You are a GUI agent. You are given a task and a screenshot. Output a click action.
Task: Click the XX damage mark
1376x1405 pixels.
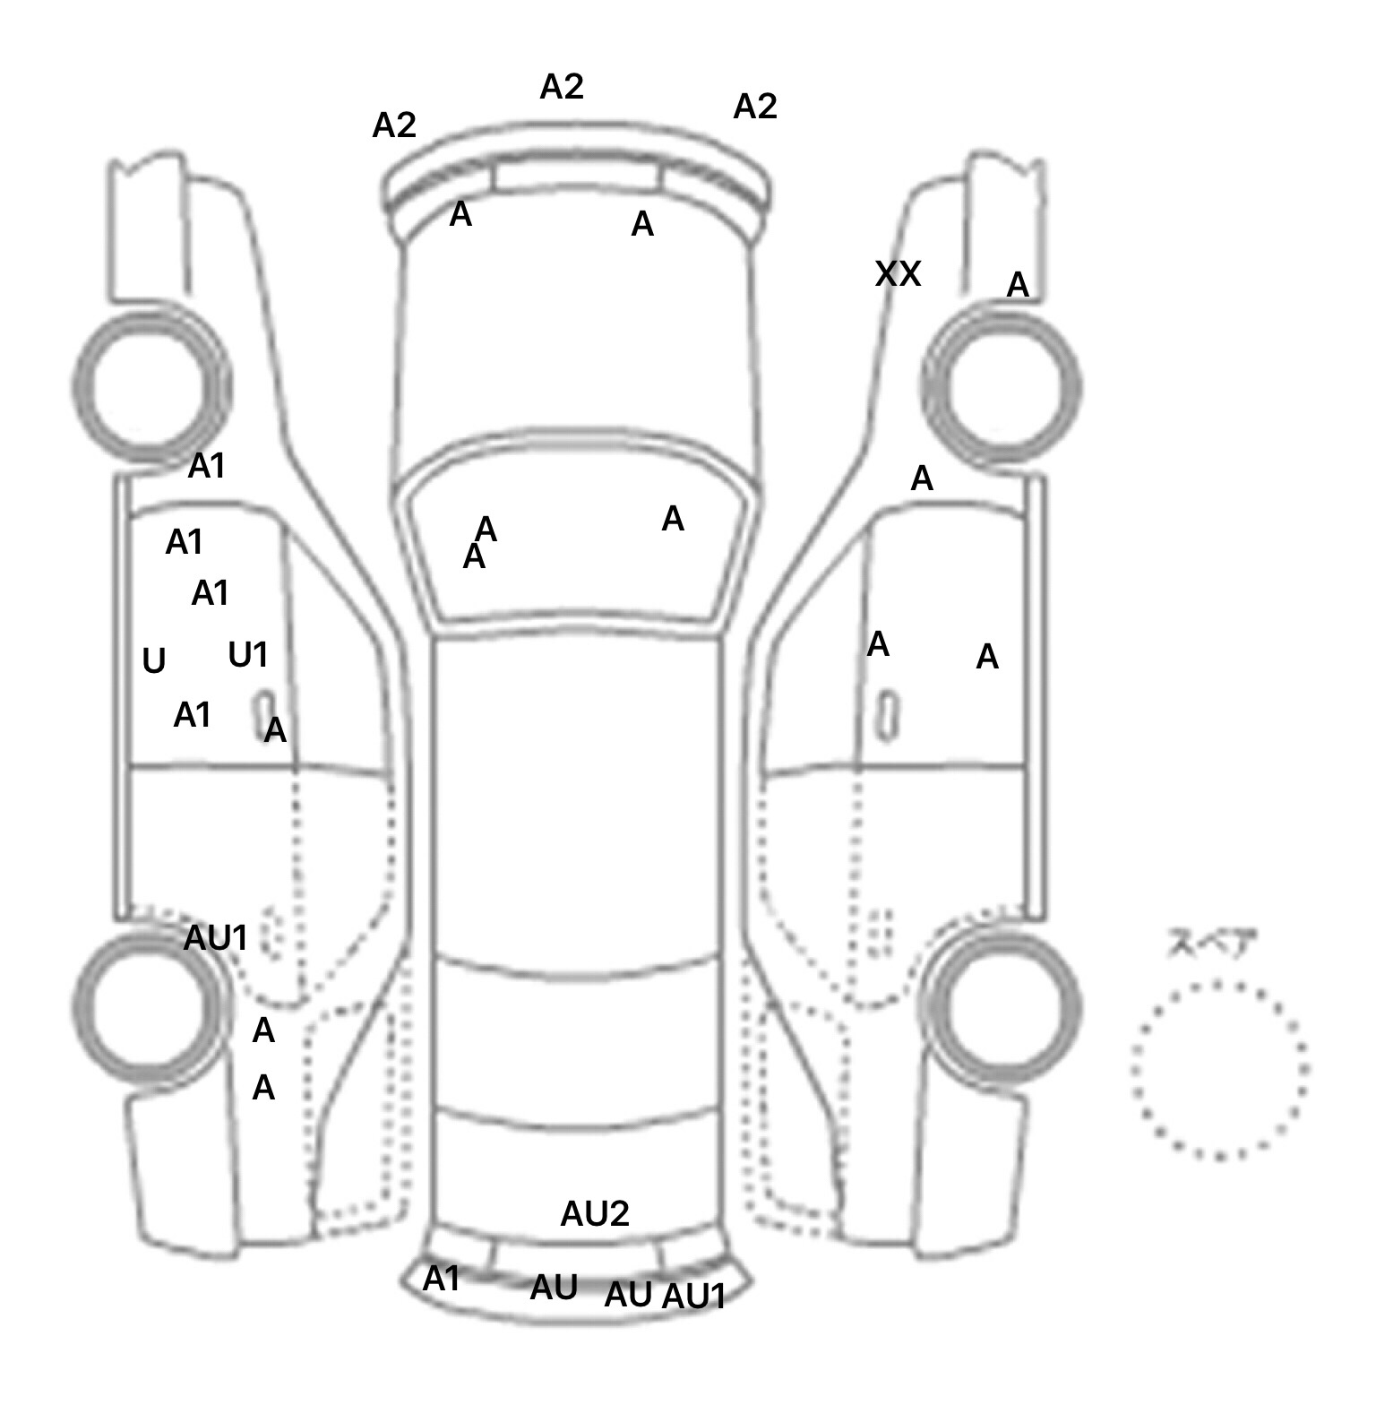(x=898, y=274)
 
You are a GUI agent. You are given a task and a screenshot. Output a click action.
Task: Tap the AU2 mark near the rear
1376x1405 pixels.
(x=595, y=1214)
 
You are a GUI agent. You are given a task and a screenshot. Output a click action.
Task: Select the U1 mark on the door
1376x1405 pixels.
(x=248, y=656)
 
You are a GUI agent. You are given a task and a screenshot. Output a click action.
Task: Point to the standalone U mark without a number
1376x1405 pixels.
(x=154, y=661)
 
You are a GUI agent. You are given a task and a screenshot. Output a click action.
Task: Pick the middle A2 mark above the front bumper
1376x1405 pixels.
(x=562, y=87)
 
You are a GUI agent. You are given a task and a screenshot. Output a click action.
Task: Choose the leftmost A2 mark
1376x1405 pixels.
(x=394, y=125)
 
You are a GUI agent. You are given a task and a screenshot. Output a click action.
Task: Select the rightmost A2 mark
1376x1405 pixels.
(x=755, y=107)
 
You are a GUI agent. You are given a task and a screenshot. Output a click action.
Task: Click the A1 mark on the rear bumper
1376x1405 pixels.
(x=441, y=1280)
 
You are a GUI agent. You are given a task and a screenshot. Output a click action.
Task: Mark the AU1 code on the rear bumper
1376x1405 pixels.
(x=693, y=1297)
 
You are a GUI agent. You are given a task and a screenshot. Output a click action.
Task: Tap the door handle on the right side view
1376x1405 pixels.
(x=887, y=714)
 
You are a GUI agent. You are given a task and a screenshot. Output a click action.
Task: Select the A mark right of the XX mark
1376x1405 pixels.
(x=1018, y=286)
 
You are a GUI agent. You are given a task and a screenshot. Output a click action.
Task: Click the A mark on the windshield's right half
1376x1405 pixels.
(x=673, y=519)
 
